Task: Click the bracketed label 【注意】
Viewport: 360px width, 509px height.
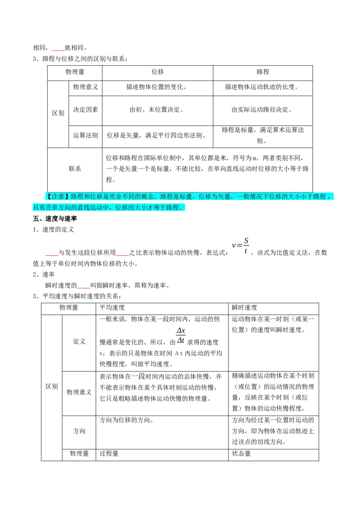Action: pyautogui.click(x=58, y=196)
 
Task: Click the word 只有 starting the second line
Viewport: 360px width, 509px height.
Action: pyautogui.click(x=39, y=207)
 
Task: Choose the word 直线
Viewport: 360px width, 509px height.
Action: pyautogui.click(x=84, y=207)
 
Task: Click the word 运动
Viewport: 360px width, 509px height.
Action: pyautogui.click(x=97, y=207)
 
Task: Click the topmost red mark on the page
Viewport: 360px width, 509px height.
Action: pyautogui.click(x=58, y=51)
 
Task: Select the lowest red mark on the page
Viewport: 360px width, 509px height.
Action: pyautogui.click(x=84, y=287)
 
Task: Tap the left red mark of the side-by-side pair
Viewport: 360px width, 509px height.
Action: pyautogui.click(x=52, y=255)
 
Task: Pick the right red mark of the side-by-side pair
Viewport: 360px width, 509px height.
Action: pyautogui.click(x=122, y=255)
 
